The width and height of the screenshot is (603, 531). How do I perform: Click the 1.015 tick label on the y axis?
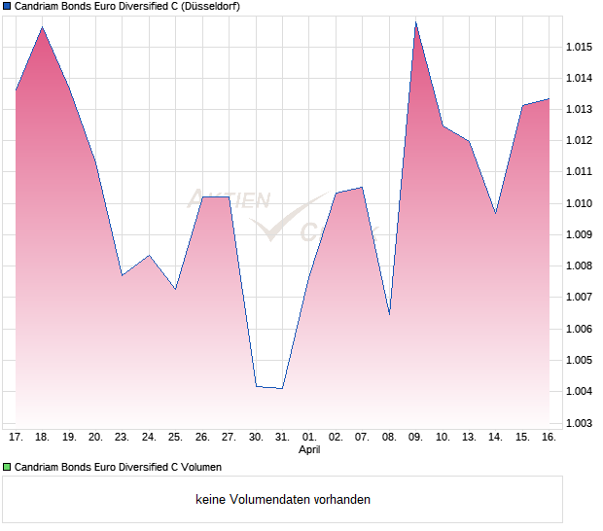click(x=580, y=47)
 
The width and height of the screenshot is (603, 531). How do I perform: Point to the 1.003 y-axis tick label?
click(x=580, y=423)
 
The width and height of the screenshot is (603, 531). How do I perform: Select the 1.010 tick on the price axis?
click(x=580, y=203)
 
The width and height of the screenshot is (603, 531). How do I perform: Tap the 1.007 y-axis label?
click(x=580, y=298)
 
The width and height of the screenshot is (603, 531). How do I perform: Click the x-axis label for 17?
click(x=16, y=438)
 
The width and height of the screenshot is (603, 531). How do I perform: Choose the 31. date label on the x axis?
click(x=282, y=438)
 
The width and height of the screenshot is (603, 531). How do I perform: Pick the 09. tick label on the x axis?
click(x=415, y=438)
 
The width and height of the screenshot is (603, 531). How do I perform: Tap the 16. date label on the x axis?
click(x=549, y=438)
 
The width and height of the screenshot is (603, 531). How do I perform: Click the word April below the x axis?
click(x=309, y=450)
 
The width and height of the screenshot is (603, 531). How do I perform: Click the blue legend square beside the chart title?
click(x=7, y=7)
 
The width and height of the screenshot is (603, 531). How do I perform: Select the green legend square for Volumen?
click(x=7, y=468)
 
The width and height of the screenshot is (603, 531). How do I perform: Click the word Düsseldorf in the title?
click(x=210, y=7)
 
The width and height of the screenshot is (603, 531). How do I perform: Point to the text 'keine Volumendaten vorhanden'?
click(x=283, y=500)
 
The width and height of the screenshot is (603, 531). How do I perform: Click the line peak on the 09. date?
click(x=415, y=21)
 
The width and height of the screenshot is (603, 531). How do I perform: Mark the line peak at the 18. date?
click(x=43, y=27)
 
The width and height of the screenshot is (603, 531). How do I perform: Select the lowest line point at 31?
click(x=282, y=389)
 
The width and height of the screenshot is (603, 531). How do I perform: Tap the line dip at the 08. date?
click(x=389, y=314)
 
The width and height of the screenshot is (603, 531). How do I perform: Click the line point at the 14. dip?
click(x=496, y=213)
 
